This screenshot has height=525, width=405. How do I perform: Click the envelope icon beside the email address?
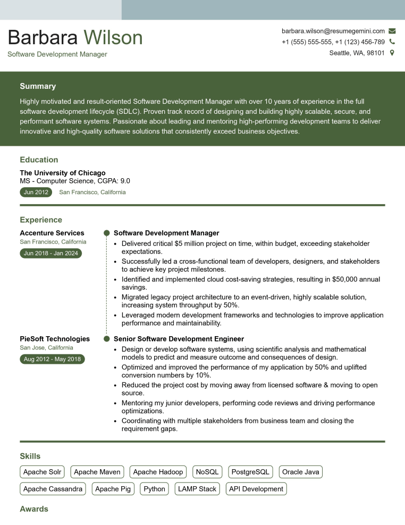pos(392,31)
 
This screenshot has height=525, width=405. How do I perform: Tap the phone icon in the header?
pos(392,42)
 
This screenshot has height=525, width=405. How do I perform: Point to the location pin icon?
pos(392,53)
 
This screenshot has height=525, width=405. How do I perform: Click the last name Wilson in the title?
pos(113,38)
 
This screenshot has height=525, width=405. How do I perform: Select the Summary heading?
pos(38,86)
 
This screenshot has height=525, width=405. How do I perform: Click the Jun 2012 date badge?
pos(36,192)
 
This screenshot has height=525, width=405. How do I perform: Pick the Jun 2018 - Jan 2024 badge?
pos(50,253)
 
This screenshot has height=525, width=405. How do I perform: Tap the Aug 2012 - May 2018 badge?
pos(52,359)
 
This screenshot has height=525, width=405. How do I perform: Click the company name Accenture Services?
pos(52,233)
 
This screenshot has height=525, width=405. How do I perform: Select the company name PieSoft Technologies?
pos(55,339)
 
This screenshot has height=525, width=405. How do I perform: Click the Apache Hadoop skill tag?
pos(158,472)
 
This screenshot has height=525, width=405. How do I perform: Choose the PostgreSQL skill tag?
pos(251,472)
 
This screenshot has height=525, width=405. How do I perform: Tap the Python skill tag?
pos(155,489)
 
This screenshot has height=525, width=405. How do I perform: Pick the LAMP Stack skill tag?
pos(197,489)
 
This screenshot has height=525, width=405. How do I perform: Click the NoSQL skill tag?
pos(207,472)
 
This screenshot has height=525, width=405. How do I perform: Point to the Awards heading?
pos(34,509)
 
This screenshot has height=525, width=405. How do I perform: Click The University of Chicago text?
pos(63,173)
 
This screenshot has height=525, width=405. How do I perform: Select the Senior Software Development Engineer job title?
pos(179,339)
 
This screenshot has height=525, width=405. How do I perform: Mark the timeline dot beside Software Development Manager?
pos(106,233)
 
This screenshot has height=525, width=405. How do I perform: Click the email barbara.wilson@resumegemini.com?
pos(333,31)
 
